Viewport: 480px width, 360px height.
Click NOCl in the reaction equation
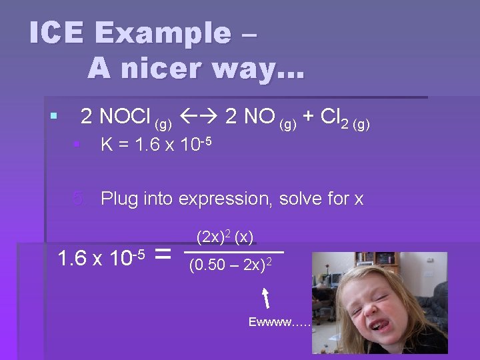pos(125,117)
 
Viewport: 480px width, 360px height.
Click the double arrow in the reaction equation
pos(199,117)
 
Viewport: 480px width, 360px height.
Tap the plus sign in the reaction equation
pos(308,117)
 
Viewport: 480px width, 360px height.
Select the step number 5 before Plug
pos(79,198)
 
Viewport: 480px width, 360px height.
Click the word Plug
pos(120,199)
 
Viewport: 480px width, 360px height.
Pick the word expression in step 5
pos(224,199)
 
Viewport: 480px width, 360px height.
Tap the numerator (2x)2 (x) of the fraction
pos(225,237)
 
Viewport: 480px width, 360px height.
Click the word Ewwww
pos(270,323)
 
